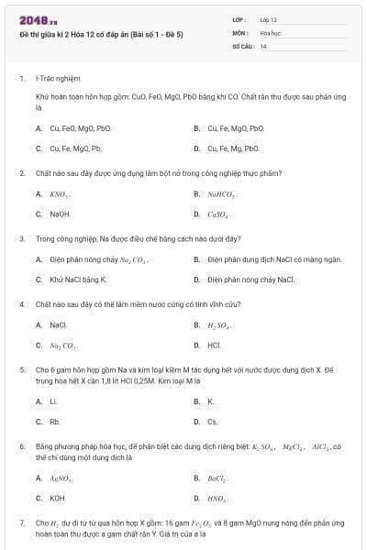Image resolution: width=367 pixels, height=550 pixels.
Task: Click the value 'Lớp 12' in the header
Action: (x=269, y=18)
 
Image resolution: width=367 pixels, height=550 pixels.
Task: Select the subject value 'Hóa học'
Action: (x=270, y=32)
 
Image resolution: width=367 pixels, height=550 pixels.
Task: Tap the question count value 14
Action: (x=263, y=46)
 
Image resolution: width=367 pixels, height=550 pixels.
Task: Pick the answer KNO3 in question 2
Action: (x=60, y=194)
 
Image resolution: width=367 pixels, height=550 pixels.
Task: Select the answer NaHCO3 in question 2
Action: (x=221, y=194)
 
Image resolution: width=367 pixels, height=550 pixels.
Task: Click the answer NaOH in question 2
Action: (x=60, y=214)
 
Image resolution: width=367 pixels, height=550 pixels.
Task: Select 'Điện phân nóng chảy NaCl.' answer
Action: (x=250, y=280)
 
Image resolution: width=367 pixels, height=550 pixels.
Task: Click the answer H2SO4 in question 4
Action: (x=217, y=325)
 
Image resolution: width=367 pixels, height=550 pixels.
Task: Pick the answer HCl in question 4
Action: (x=214, y=346)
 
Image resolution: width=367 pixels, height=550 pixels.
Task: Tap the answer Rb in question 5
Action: (x=55, y=422)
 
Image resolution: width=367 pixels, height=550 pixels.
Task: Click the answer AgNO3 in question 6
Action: (x=61, y=478)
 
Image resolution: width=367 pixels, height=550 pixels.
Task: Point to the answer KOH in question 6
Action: (x=58, y=498)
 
